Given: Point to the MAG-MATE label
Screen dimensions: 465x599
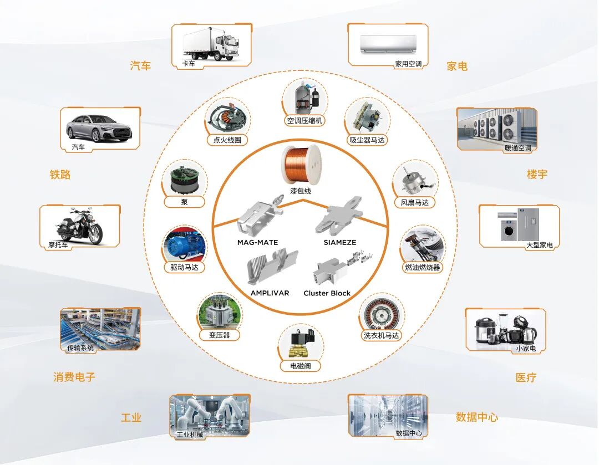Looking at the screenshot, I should pos(257,242).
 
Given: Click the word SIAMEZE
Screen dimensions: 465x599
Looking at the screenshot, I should pos(339,242).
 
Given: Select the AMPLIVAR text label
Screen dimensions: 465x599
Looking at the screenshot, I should pos(270,293).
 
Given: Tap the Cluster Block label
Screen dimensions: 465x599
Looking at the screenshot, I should pos(327,293).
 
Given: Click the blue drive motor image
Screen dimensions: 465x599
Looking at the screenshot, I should pos(184,246).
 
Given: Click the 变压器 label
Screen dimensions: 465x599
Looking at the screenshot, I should pos(219,335).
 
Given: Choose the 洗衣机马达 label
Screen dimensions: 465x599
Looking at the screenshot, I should pos(381,335).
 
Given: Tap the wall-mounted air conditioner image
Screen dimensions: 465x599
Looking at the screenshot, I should pos(388,43).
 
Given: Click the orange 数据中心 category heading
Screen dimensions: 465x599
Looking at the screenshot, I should pos(476,417).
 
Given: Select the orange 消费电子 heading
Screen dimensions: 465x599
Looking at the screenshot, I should pos(74,377).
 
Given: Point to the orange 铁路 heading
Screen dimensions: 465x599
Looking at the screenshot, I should pos(60,175).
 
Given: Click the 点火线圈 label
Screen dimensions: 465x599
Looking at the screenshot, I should pos(227,140).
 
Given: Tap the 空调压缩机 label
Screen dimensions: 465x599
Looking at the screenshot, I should pos(304,120).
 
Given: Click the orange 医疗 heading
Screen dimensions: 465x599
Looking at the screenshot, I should pos(526,377).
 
